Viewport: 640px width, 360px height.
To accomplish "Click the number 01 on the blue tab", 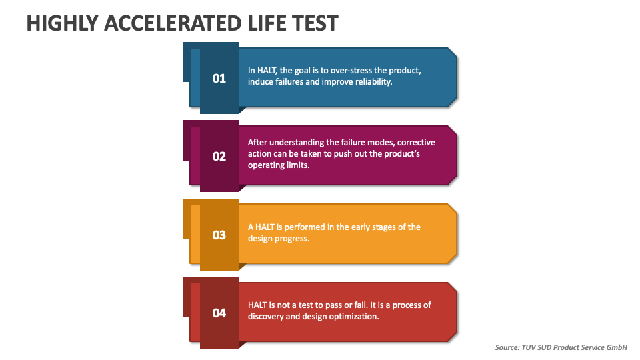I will pyautogui.click(x=219, y=79).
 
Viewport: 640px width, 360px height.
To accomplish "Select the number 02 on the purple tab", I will pyautogui.click(x=219, y=157).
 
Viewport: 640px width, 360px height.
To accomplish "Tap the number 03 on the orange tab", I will pyautogui.click(x=219, y=235).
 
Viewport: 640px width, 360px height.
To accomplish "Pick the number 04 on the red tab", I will pyautogui.click(x=219, y=313).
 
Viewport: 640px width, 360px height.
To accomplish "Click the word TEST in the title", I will pyautogui.click(x=313, y=23).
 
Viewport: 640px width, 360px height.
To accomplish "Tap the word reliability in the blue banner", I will pyautogui.click(x=371, y=82).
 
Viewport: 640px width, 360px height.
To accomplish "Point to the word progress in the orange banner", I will pyautogui.click(x=292, y=239).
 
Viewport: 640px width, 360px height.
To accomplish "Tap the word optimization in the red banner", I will pyautogui.click(x=353, y=317).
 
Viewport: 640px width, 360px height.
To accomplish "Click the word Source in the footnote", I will pyautogui.click(x=509, y=347).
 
